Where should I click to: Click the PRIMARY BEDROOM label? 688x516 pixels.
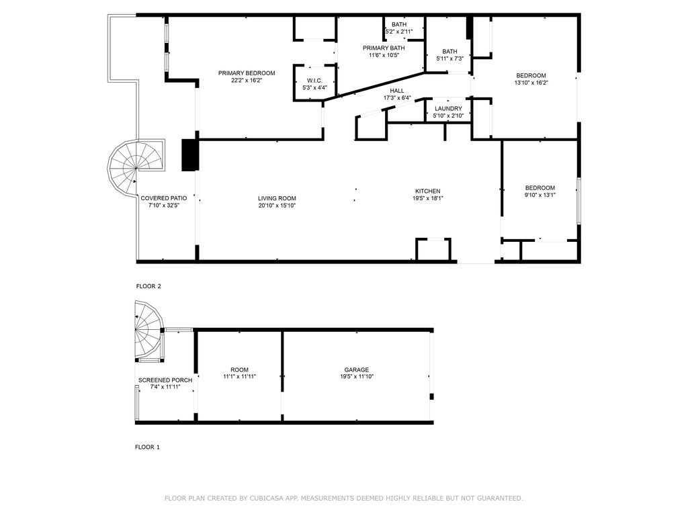click(x=247, y=73)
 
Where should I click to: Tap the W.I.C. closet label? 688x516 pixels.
click(x=314, y=81)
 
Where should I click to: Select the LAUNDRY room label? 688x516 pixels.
click(x=448, y=109)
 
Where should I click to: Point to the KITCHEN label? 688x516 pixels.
click(x=428, y=191)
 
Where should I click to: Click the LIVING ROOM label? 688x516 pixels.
click(x=277, y=198)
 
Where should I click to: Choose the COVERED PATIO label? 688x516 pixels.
click(x=164, y=198)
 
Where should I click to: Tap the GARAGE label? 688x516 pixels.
click(x=356, y=370)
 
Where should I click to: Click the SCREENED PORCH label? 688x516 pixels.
click(x=165, y=380)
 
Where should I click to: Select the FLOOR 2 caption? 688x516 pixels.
click(x=148, y=286)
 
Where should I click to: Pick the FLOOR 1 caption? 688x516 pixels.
click(x=147, y=447)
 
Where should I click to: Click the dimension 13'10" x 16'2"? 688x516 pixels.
click(x=531, y=83)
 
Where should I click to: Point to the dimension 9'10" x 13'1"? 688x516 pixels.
click(x=540, y=195)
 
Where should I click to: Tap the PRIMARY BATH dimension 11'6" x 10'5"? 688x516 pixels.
click(x=384, y=55)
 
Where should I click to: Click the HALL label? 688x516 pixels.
click(x=397, y=91)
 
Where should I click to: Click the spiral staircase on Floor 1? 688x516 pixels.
click(x=149, y=329)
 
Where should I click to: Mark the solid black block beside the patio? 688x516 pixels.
click(x=190, y=155)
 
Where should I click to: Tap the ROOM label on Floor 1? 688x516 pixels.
click(x=240, y=370)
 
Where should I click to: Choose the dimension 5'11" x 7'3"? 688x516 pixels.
click(x=449, y=58)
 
